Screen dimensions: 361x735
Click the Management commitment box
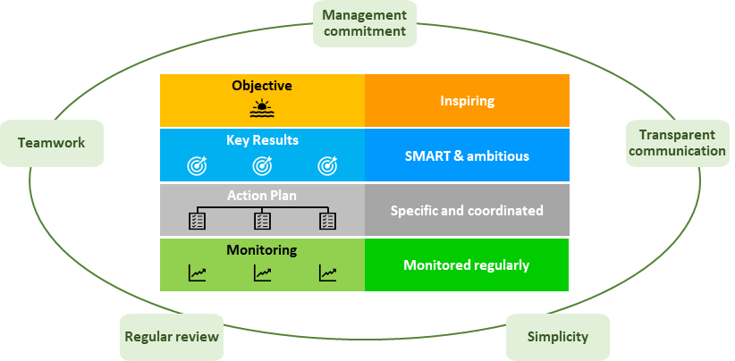coord(364,23)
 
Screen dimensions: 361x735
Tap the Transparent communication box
coord(676,143)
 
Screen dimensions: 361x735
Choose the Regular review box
coord(172,337)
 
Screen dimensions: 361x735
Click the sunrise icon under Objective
coord(261,109)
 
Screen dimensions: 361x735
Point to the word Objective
coord(261,86)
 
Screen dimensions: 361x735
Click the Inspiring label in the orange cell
coord(467,100)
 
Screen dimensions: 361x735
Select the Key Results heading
coord(262,140)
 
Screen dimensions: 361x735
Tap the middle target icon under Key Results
coord(262,164)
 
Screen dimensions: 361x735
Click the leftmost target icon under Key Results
coord(196,164)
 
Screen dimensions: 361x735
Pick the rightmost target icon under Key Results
coord(328,164)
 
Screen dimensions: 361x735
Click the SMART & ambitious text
coord(467,155)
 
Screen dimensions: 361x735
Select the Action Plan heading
coord(262,196)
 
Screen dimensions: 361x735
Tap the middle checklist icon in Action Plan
coord(262,220)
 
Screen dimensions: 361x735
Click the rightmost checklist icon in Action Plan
coord(328,220)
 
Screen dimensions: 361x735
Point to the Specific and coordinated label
coord(467,211)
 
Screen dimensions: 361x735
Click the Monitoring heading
coord(262,251)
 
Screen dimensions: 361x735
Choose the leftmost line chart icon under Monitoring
coord(196,273)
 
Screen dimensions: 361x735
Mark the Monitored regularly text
coord(467,264)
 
